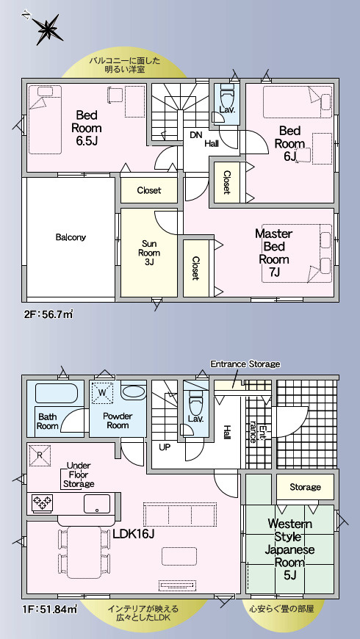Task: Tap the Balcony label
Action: tap(71, 237)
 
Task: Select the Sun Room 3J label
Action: tap(148, 253)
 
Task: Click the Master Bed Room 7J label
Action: tap(273, 253)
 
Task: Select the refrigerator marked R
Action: tap(40, 455)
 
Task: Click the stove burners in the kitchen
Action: tap(42, 503)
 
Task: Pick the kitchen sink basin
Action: tap(97, 504)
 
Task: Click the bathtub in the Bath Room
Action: tap(57, 393)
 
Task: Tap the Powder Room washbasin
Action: tap(133, 392)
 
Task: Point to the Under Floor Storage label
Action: tap(79, 474)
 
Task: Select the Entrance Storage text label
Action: tap(245, 364)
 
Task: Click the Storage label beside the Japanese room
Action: tap(305, 487)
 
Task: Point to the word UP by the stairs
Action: tap(164, 447)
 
